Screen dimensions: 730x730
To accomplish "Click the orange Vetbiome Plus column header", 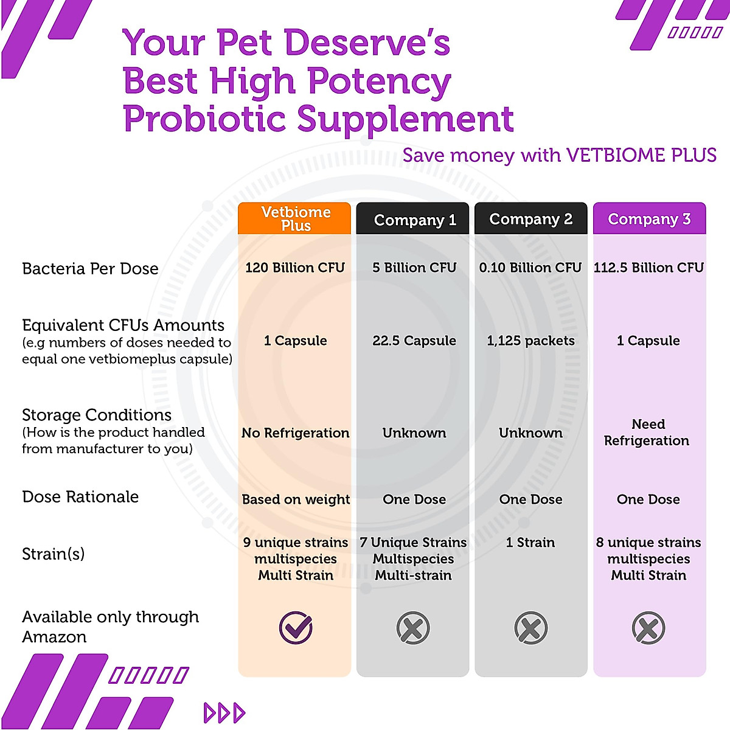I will pyautogui.click(x=295, y=218).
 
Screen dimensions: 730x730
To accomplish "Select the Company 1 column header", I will pyautogui.click(x=414, y=220).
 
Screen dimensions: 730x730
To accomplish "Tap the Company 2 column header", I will pyautogui.click(x=530, y=219).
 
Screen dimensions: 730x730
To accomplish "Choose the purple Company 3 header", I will pyautogui.click(x=649, y=219).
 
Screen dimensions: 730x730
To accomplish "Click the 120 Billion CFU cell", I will pyautogui.click(x=295, y=268).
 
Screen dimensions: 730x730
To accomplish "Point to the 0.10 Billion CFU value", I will pyautogui.click(x=530, y=268).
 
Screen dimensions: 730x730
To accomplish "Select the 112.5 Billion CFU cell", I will pyautogui.click(x=648, y=268).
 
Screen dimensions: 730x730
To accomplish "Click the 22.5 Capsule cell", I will pyautogui.click(x=414, y=341).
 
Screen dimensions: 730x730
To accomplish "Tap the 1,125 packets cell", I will pyautogui.click(x=530, y=341).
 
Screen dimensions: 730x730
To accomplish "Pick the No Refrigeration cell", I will pyautogui.click(x=295, y=433).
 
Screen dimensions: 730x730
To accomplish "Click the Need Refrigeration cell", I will pyautogui.click(x=647, y=432).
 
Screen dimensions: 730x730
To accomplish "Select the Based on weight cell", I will pyautogui.click(x=296, y=499).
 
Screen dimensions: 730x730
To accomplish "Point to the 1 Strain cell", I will pyautogui.click(x=530, y=542).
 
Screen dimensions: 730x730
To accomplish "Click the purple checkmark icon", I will pyautogui.click(x=296, y=628).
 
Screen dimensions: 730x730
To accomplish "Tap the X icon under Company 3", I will pyautogui.click(x=648, y=628).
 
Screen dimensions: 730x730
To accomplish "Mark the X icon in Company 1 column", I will pyautogui.click(x=413, y=628).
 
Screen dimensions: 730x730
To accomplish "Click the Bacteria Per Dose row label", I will pyautogui.click(x=90, y=268).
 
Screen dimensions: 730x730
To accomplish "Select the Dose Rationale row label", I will pyautogui.click(x=80, y=497).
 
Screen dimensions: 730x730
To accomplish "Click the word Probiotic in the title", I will pyautogui.click(x=204, y=119).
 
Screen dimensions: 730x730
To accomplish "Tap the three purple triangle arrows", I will pyautogui.click(x=224, y=712).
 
